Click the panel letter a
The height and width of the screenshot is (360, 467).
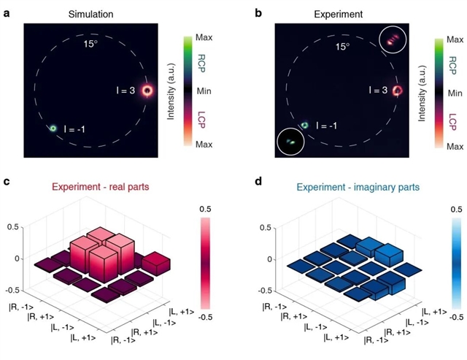click(x=7, y=13)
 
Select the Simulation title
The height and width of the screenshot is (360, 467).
click(x=90, y=14)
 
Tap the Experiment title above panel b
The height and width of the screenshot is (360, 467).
click(x=339, y=14)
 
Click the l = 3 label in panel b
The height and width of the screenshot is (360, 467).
click(x=378, y=90)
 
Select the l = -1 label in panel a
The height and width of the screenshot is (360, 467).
click(x=74, y=129)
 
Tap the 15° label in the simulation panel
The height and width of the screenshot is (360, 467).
click(x=90, y=44)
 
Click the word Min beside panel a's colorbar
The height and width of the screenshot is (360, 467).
click(x=204, y=91)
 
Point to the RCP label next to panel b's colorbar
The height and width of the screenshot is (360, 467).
click(x=452, y=66)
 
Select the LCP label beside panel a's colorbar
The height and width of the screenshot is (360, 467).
click(x=201, y=120)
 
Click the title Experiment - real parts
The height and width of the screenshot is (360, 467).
click(x=101, y=187)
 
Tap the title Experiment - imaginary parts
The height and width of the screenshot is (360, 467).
click(x=358, y=188)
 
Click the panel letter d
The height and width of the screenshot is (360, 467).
click(x=258, y=181)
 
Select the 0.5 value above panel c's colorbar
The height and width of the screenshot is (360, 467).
click(x=205, y=209)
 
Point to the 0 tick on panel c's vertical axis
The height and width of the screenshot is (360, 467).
click(x=17, y=258)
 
